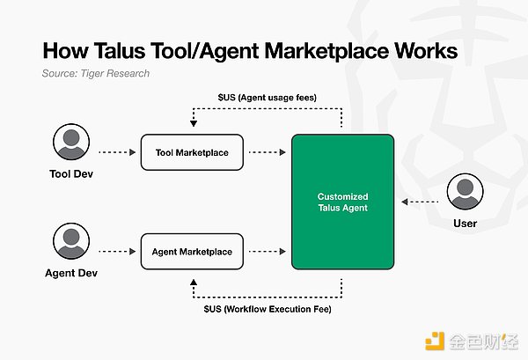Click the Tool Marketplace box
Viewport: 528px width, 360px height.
[x=191, y=152]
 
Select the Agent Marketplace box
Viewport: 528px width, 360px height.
[x=191, y=252]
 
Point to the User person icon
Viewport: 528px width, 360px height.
[x=465, y=193]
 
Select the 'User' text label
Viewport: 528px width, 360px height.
[x=465, y=224]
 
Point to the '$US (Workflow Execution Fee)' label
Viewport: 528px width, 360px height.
[x=266, y=310]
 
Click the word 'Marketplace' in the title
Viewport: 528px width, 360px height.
[x=314, y=50]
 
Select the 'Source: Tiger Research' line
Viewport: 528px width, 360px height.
[x=95, y=73]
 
